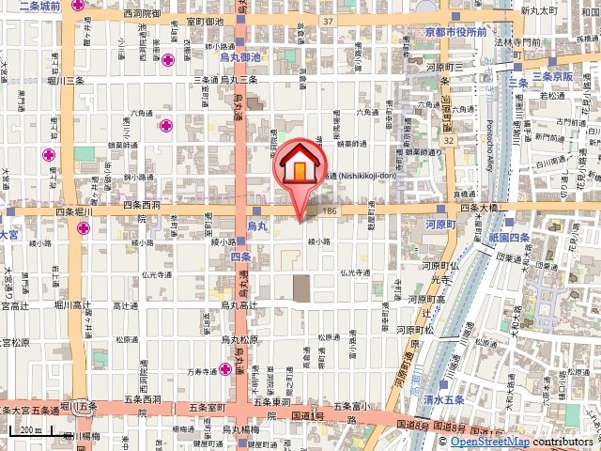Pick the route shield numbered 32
[x=451, y=141]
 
